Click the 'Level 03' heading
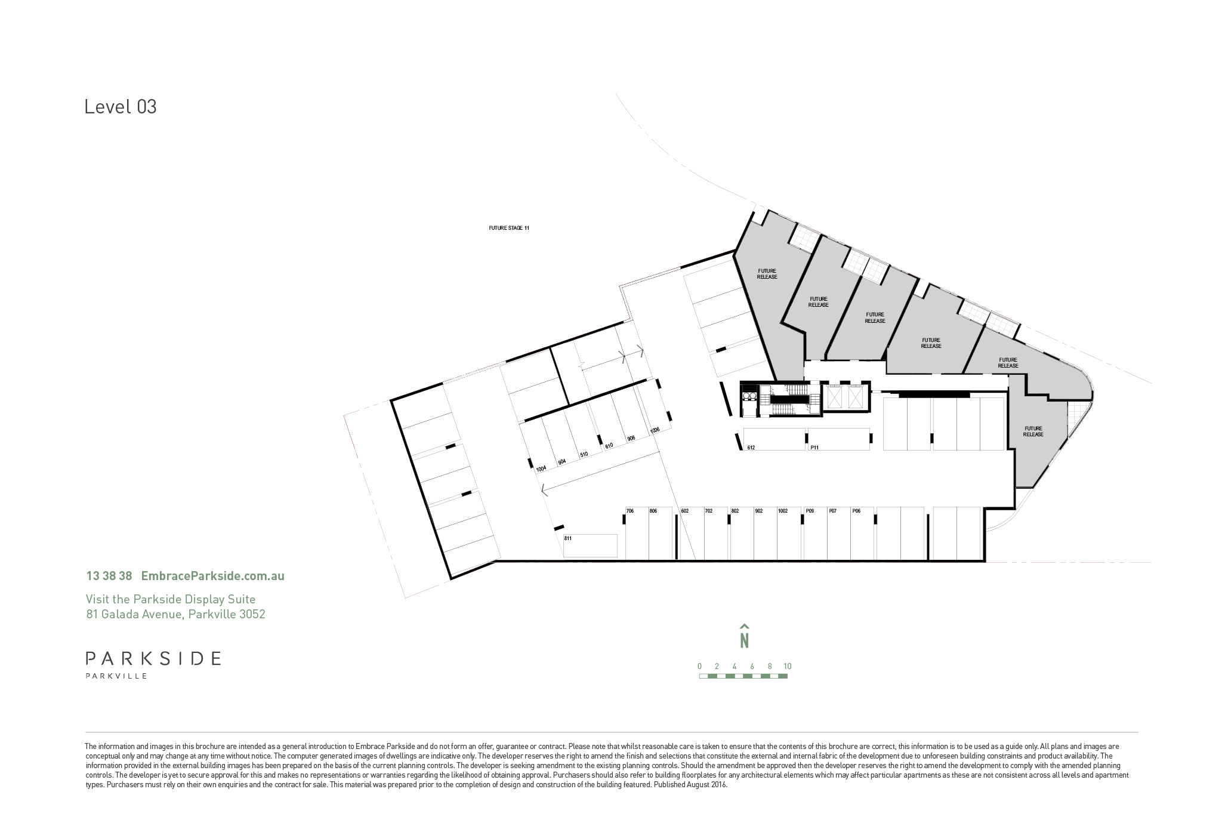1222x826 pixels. [x=121, y=107]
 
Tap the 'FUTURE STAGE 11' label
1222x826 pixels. [x=509, y=228]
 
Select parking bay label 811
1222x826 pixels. [x=568, y=538]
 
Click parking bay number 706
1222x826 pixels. [x=629, y=511]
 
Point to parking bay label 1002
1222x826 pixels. [x=783, y=511]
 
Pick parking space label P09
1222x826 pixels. [x=810, y=511]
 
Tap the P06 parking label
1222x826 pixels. [x=856, y=511]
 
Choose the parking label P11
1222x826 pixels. [x=814, y=447]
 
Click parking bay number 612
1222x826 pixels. [x=751, y=447]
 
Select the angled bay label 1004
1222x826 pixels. [x=541, y=469]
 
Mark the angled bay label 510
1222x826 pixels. [x=584, y=454]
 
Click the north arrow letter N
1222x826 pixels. [x=744, y=640]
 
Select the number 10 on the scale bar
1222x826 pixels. [x=788, y=666]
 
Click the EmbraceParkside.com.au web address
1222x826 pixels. [x=212, y=576]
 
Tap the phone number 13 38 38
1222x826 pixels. [x=109, y=576]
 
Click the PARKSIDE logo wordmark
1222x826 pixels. [x=153, y=658]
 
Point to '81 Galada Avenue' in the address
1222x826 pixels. [x=133, y=614]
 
